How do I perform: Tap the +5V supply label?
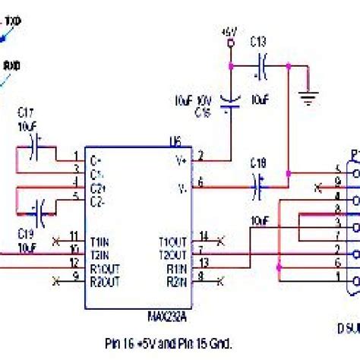click(229, 33)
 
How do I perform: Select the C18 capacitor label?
click(258, 163)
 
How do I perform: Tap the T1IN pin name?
click(99, 241)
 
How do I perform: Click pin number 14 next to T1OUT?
click(201, 236)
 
